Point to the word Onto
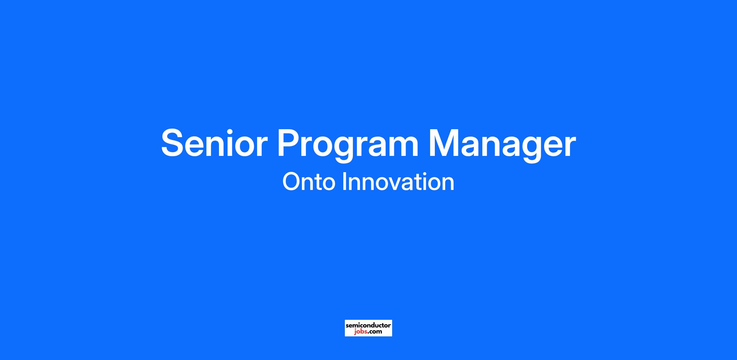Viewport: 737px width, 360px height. coord(309,182)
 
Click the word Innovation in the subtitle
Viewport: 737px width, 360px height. coord(398,182)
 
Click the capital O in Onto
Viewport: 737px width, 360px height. coord(291,182)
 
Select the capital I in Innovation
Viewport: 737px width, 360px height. coord(344,182)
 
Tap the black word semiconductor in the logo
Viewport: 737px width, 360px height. coord(368,325)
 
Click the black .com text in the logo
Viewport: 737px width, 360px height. coord(375,332)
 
